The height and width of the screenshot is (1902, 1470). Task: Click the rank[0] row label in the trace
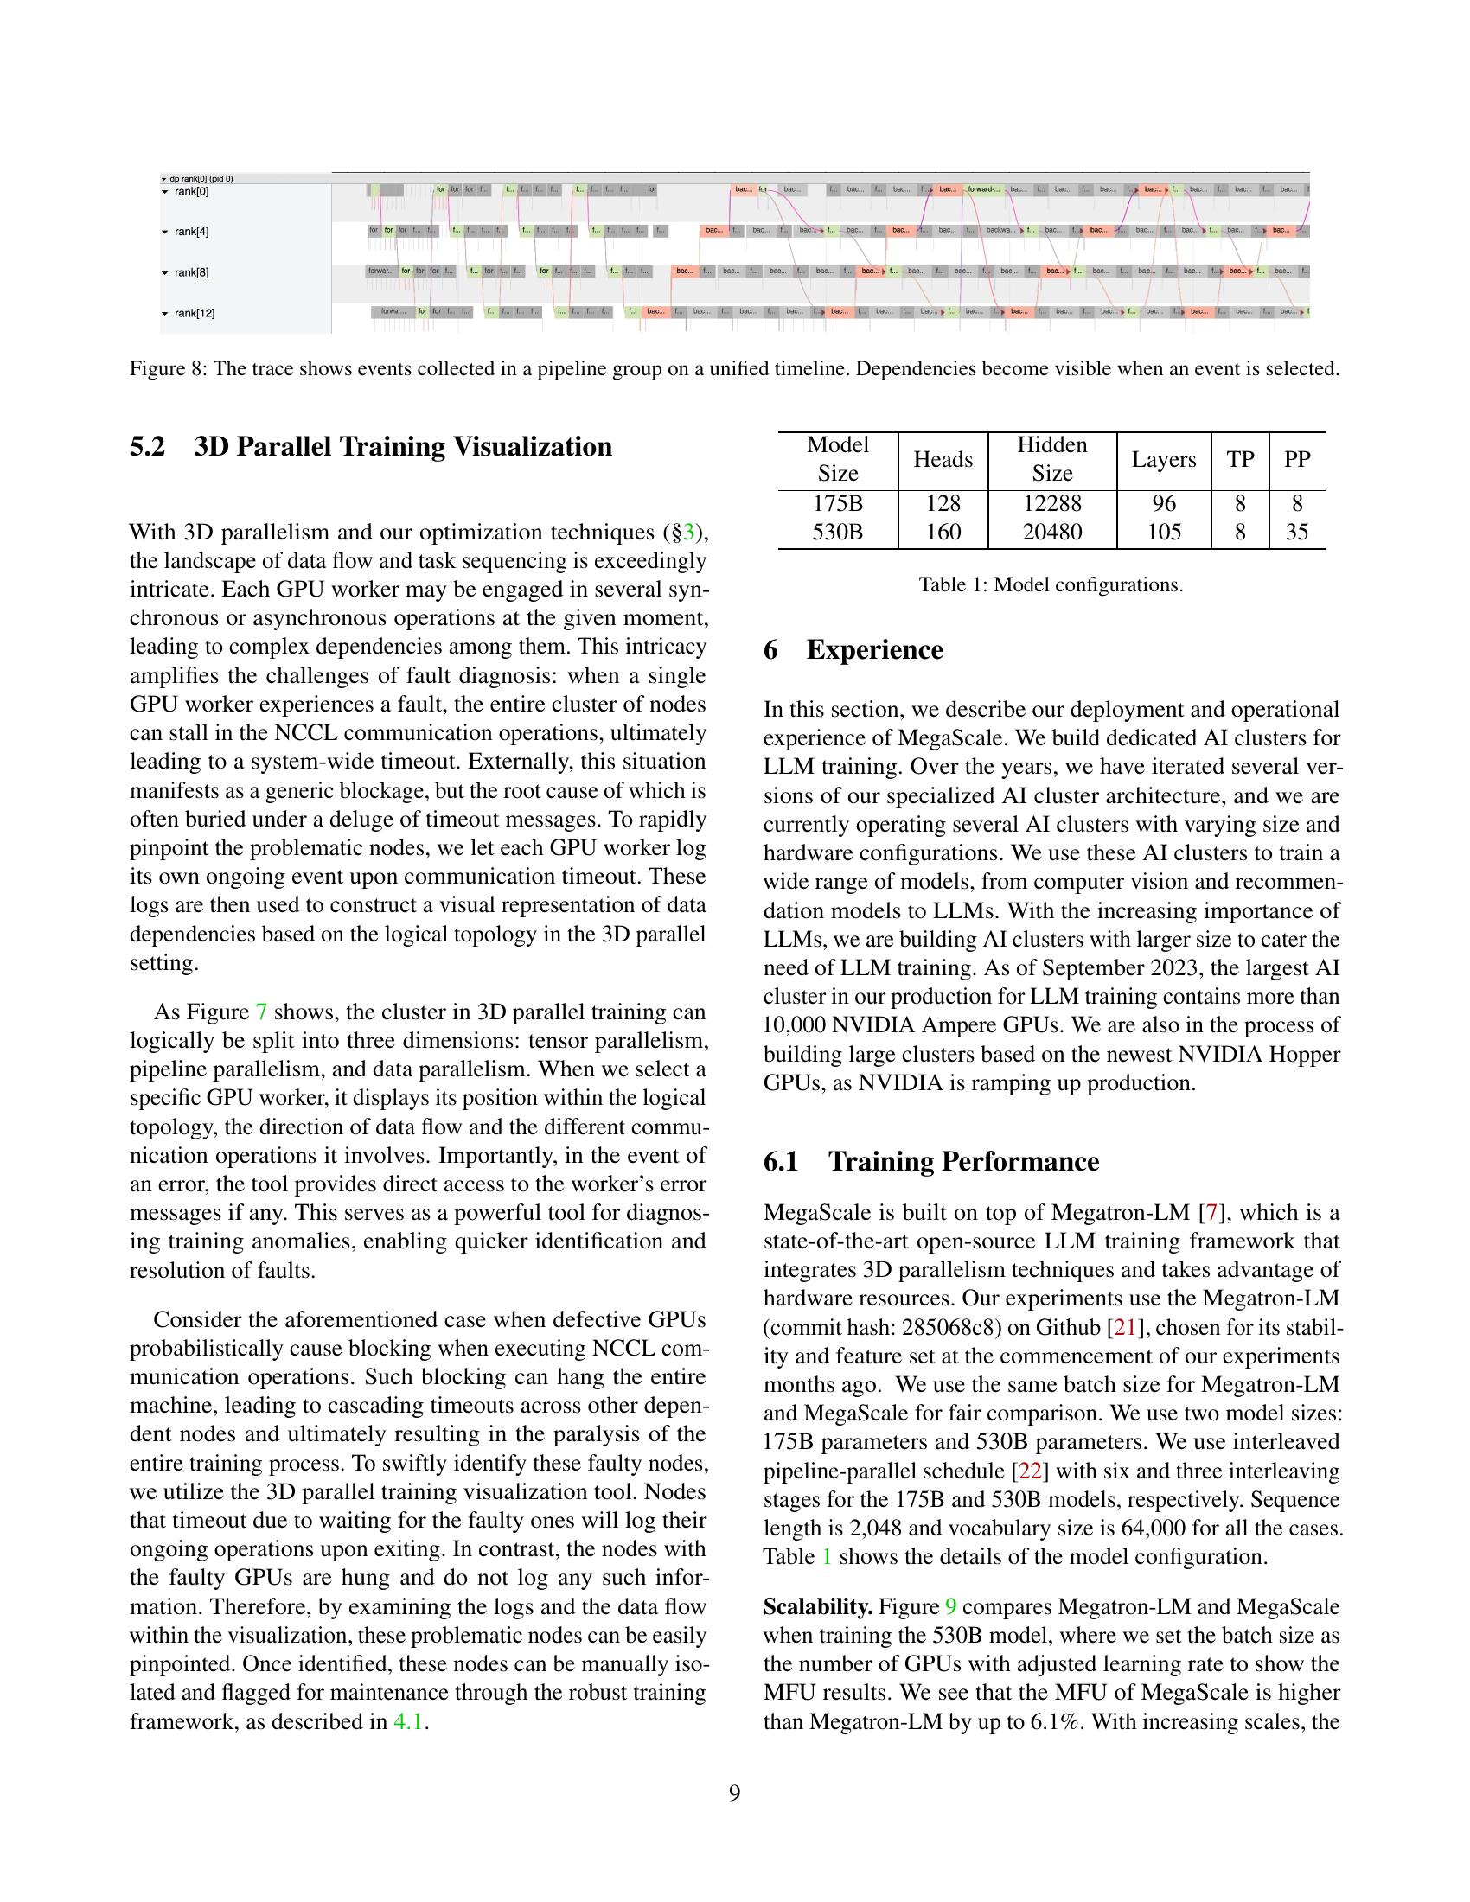click(x=191, y=192)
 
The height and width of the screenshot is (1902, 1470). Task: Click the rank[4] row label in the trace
click(x=191, y=232)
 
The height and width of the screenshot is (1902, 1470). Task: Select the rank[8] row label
click(x=191, y=272)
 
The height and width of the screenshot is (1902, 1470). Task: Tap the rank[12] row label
click(x=195, y=313)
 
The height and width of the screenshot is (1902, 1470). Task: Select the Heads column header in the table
click(x=943, y=460)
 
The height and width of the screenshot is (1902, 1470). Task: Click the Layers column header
click(x=1163, y=460)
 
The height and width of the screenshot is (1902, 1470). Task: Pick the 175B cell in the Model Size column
click(x=837, y=503)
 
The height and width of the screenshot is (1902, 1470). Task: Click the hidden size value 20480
click(x=1052, y=532)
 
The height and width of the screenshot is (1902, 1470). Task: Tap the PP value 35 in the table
click(x=1297, y=532)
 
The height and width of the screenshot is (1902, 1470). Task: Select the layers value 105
click(x=1163, y=532)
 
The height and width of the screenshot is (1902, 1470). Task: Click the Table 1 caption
click(x=1051, y=584)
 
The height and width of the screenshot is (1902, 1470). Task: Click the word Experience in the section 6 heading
click(x=874, y=649)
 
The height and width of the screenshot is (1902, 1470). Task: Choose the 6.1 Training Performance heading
click(x=931, y=1162)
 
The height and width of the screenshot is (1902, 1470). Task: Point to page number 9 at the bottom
click(x=734, y=1793)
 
